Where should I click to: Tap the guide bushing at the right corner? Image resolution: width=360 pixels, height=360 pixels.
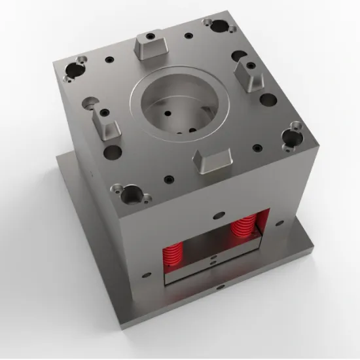tap(289, 137)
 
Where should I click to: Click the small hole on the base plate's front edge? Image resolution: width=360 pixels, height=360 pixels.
tap(216, 287)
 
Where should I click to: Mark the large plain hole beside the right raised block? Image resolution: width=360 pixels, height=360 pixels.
tap(268, 101)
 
